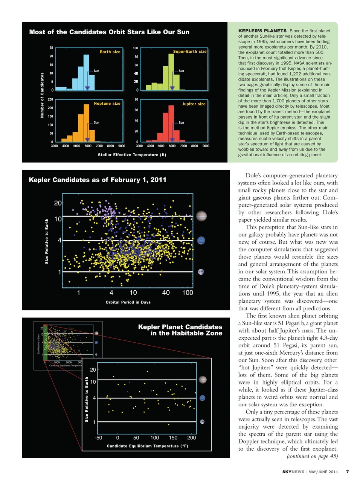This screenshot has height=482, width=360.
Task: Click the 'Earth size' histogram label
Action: point(110,52)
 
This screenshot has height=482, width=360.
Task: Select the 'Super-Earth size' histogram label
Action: point(190,51)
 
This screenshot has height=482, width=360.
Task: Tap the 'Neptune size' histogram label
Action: point(107,103)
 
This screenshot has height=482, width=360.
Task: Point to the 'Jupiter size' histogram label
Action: point(194,104)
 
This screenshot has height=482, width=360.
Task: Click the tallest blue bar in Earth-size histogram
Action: point(86,72)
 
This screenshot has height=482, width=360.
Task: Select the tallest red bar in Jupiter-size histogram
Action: point(171,123)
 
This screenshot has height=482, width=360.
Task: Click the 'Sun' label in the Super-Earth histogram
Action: point(181,71)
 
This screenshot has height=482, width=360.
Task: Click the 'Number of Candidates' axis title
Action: point(42,95)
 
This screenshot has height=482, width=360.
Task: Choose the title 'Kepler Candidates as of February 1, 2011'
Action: point(98,180)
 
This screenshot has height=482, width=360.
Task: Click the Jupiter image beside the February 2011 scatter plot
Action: point(201,216)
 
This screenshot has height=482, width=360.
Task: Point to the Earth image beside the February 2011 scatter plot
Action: point(201,272)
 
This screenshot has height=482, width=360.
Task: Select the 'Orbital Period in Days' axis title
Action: point(128,302)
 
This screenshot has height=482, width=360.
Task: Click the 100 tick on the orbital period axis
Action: point(188,293)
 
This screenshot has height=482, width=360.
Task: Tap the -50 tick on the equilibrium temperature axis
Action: point(98,438)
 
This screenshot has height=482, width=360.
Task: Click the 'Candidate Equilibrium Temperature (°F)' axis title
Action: point(147,446)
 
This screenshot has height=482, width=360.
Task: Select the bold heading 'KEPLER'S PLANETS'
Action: point(262,31)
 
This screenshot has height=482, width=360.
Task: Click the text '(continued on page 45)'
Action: point(312,456)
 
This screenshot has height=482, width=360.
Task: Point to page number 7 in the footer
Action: point(347,471)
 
